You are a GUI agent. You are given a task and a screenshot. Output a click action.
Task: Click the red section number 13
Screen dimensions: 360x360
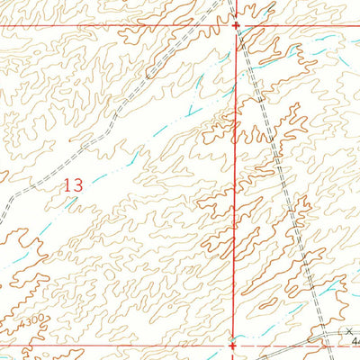[x=73, y=184]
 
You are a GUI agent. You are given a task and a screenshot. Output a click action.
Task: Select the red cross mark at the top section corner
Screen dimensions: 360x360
[x=236, y=25]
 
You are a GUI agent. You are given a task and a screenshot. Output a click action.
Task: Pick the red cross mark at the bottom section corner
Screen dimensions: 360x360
[x=233, y=344]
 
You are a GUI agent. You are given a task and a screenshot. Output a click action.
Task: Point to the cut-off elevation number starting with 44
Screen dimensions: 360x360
[x=355, y=342]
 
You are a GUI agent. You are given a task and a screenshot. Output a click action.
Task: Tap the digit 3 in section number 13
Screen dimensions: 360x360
[x=78, y=184]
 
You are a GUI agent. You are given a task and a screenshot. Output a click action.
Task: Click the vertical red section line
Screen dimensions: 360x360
[x=236, y=180]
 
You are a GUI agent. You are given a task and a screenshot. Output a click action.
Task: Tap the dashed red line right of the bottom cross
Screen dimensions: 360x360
[x=279, y=343]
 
